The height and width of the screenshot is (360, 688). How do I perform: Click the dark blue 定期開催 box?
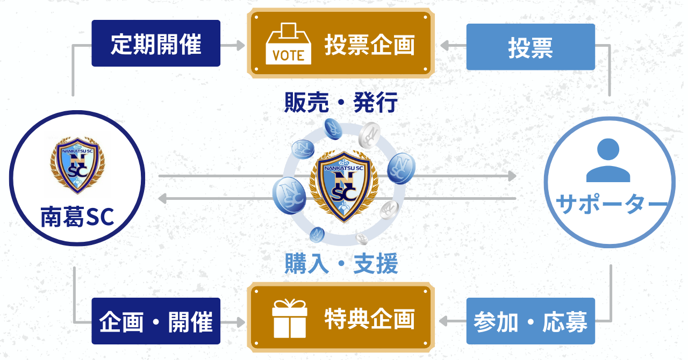[x=156, y=44]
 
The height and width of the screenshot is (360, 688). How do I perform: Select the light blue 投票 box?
[x=531, y=47]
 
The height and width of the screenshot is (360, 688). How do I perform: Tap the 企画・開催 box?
[x=156, y=321]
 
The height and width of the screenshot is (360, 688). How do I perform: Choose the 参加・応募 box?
[x=531, y=321]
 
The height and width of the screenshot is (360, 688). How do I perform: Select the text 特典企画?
[x=369, y=319]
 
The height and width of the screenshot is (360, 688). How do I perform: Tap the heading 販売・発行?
[x=341, y=103]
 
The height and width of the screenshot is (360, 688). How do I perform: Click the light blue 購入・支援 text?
[x=341, y=264]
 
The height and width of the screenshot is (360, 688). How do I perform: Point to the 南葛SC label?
[x=77, y=217]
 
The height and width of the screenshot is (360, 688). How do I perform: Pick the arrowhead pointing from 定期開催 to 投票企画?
[x=240, y=45]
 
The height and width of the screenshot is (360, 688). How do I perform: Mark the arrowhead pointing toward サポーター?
[x=511, y=176]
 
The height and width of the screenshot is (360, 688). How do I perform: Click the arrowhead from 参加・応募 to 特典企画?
[x=444, y=321]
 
